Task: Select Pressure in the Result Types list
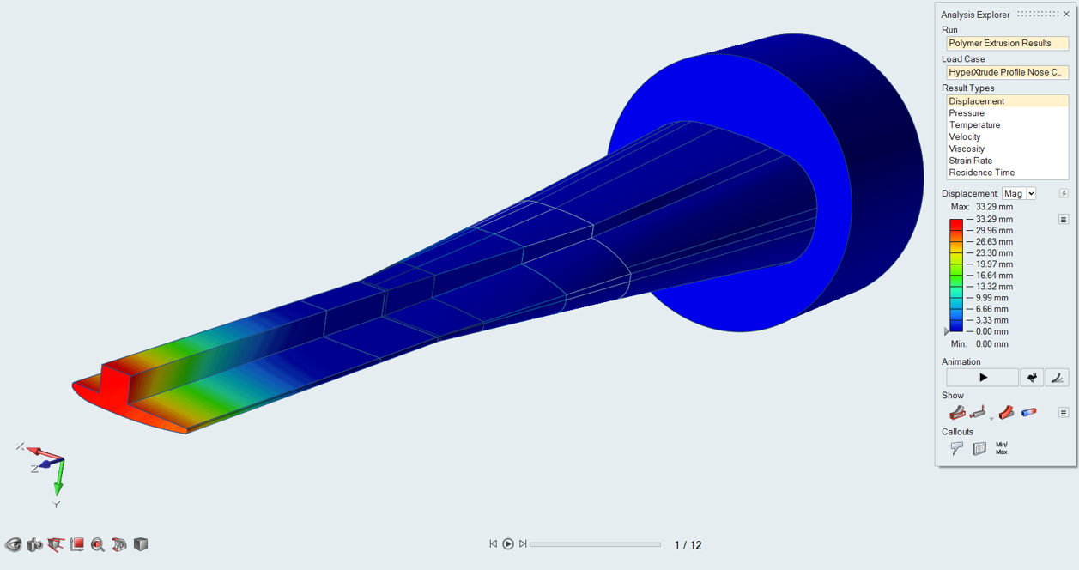tap(967, 113)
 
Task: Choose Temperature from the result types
tap(974, 124)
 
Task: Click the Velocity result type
tap(964, 136)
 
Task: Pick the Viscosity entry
tap(967, 149)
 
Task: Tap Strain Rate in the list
tap(970, 161)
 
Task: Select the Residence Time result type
tap(981, 173)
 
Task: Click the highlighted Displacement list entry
tap(1007, 101)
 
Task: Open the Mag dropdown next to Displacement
tap(1019, 194)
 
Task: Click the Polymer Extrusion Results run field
tap(1007, 44)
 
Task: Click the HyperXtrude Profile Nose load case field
tap(1007, 72)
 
